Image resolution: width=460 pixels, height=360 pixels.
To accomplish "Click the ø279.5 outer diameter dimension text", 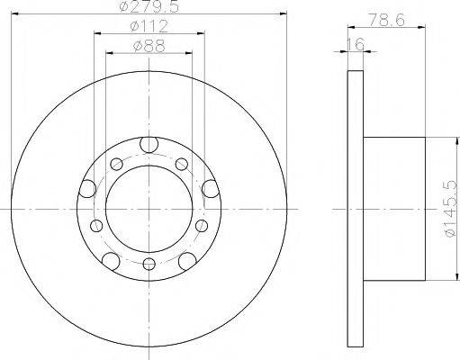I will tap(148, 8).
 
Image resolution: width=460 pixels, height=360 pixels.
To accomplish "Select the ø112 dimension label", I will tap(148, 26).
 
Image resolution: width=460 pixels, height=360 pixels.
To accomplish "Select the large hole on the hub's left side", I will tap(87, 188).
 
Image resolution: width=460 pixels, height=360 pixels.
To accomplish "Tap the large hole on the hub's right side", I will tap(210, 187).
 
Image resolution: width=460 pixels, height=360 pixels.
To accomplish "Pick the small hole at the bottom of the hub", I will tap(149, 265).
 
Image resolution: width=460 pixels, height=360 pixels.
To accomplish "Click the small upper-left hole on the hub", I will tap(116, 164).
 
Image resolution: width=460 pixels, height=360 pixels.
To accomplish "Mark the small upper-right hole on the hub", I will tap(181, 164).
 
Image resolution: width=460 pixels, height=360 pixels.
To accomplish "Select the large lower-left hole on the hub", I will tap(111, 260).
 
